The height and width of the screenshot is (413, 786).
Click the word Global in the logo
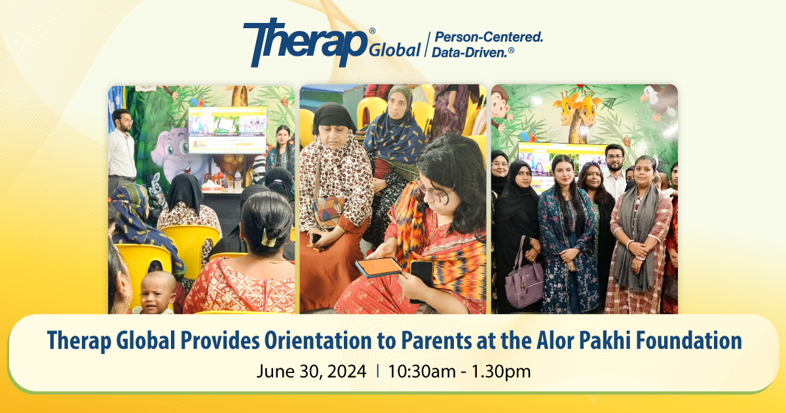tap(395, 50)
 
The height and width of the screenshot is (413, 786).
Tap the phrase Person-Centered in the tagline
tap(489, 37)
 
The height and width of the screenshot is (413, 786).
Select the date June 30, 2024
tap(311, 371)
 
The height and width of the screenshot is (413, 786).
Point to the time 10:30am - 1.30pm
tap(459, 372)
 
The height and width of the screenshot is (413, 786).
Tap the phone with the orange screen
tap(379, 267)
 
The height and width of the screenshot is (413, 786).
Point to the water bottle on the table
tap(238, 181)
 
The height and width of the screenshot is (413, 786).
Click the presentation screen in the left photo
tap(227, 130)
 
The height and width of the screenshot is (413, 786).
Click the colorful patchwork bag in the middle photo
tap(329, 211)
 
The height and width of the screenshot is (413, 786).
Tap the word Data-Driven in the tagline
tap(469, 52)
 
